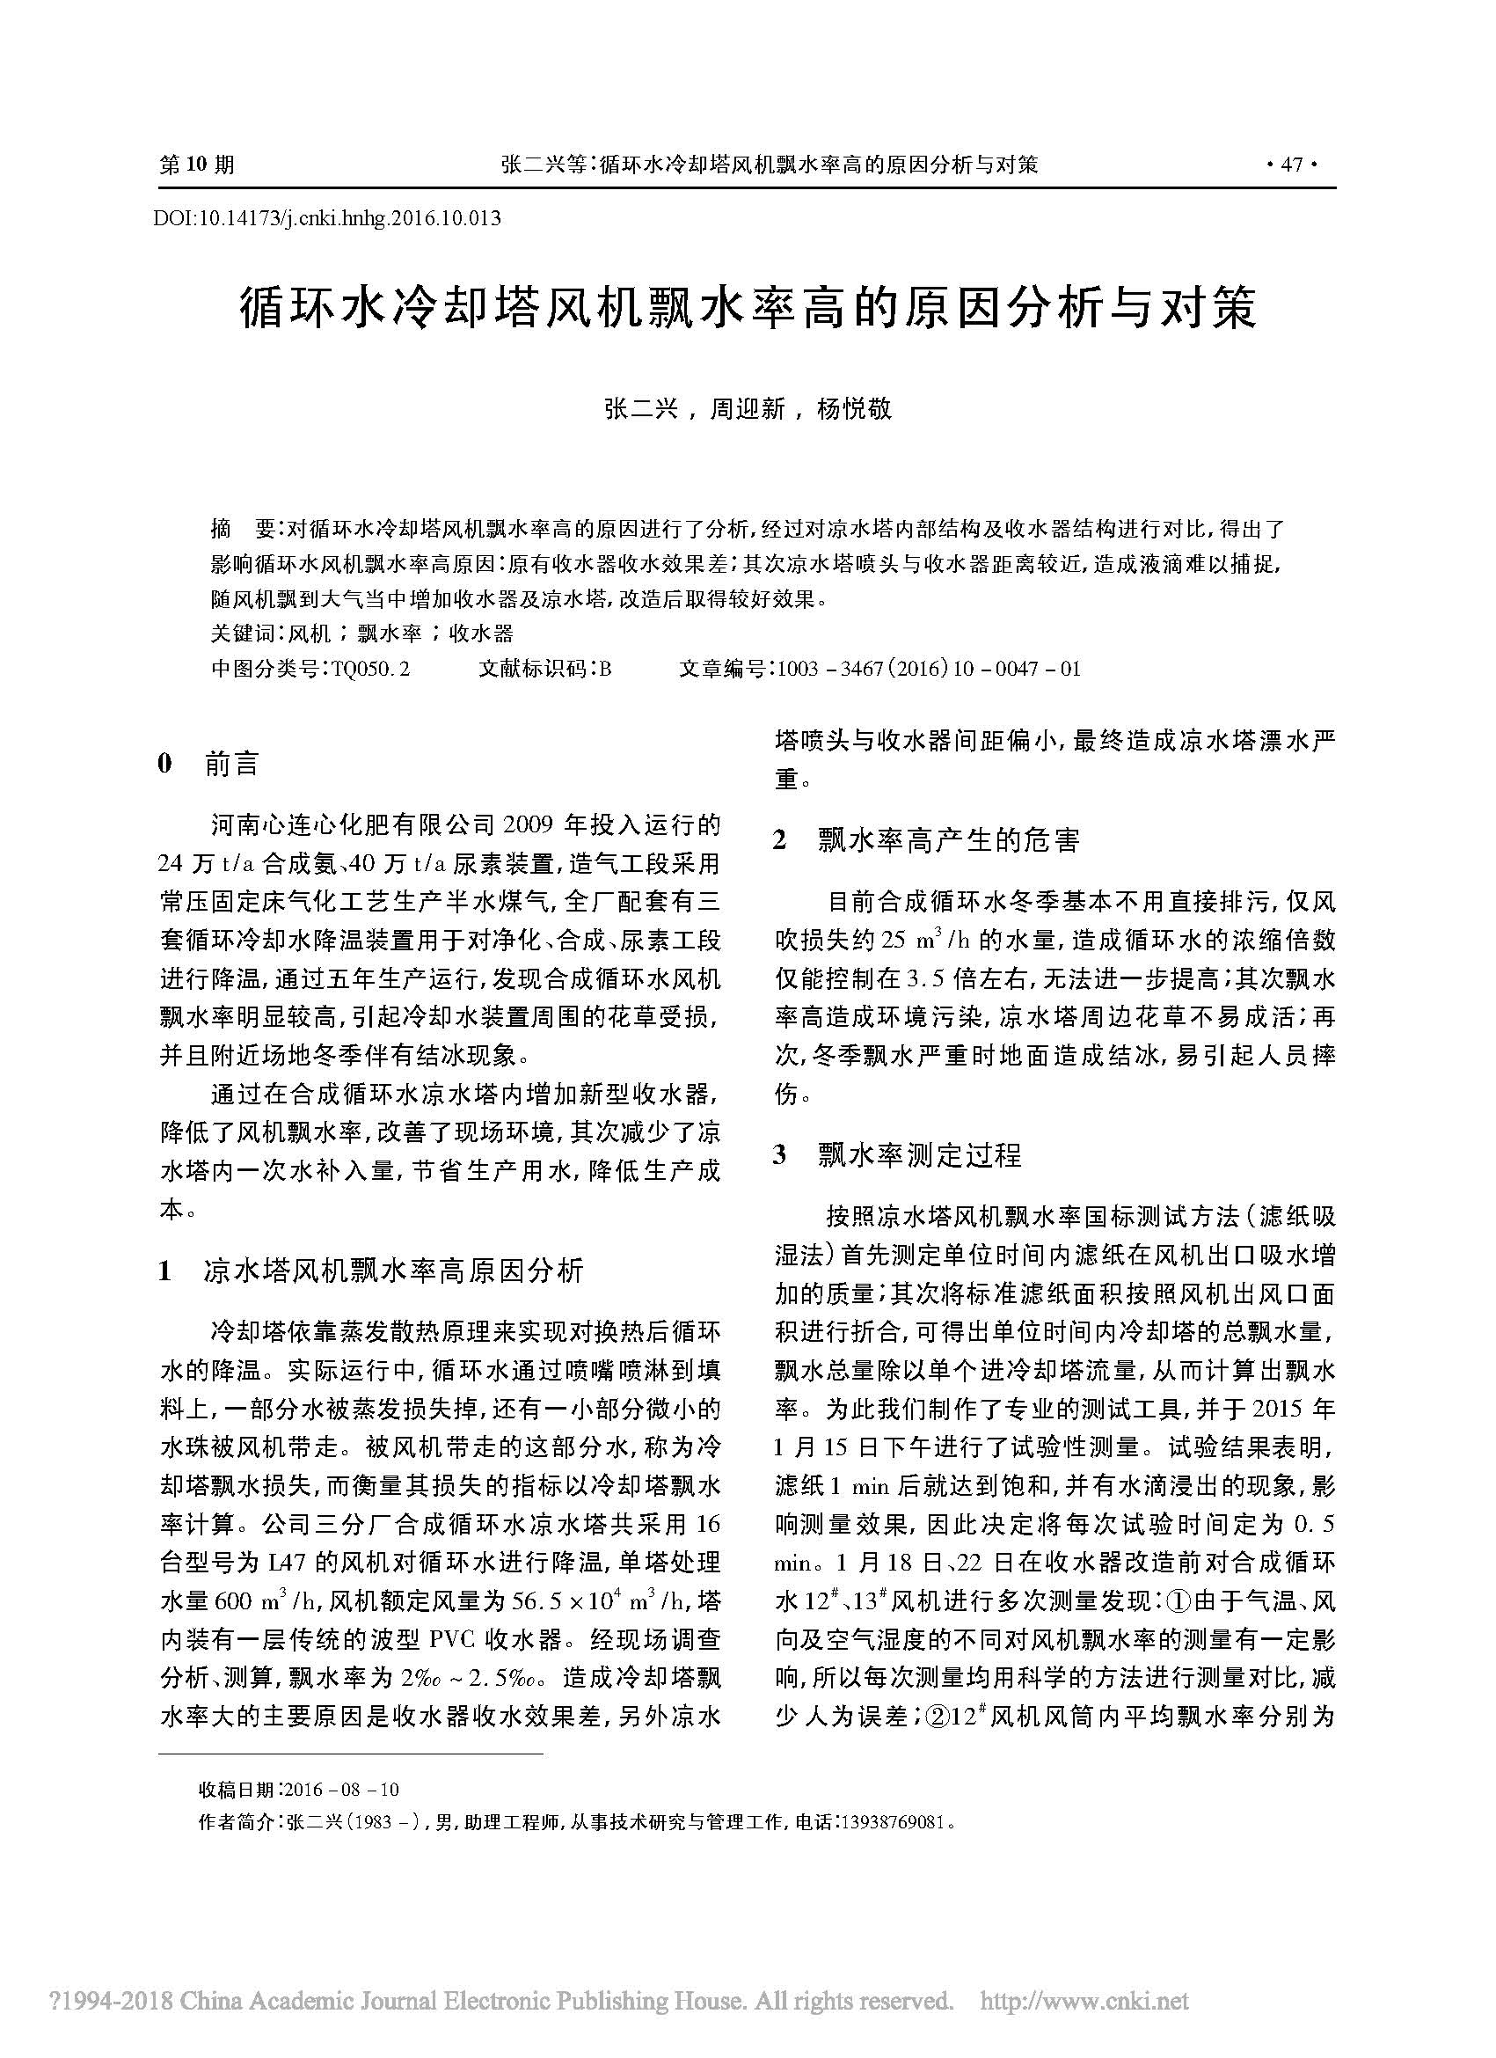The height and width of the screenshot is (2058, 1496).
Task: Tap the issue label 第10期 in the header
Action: pos(197,165)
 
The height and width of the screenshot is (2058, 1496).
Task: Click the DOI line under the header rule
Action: pos(327,218)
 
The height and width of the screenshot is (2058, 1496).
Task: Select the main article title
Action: pos(748,310)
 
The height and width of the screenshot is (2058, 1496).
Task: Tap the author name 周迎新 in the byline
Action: pos(748,410)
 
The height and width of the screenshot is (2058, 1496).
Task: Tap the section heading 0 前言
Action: pos(209,764)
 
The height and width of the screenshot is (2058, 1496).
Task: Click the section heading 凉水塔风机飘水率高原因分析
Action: pos(394,1271)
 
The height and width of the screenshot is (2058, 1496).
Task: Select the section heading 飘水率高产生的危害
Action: pos(948,841)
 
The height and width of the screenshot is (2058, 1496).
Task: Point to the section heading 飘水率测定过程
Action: pos(919,1155)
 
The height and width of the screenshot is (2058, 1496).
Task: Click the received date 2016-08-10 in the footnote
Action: pos(341,1791)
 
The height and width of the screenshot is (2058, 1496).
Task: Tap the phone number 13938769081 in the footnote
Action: pos(894,1822)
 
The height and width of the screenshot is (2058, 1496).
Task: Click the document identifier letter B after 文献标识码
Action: pos(605,670)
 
